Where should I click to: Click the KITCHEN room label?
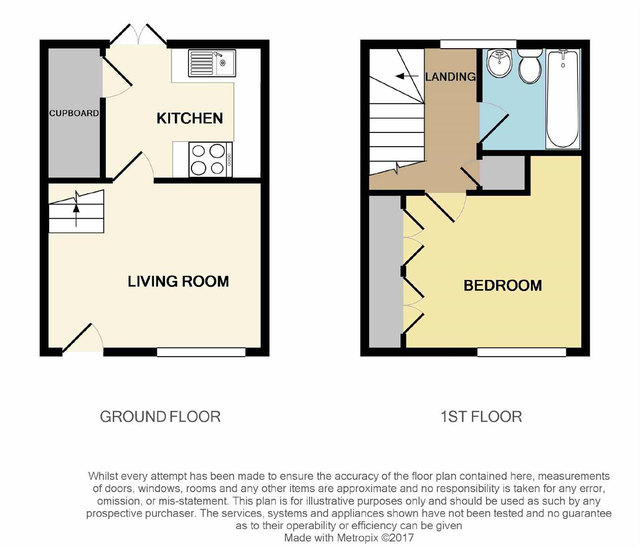pyautogui.click(x=189, y=118)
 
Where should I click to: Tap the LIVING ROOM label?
pyautogui.click(x=178, y=282)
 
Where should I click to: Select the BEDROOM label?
pyautogui.click(x=503, y=286)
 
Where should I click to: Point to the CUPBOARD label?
pyautogui.click(x=74, y=113)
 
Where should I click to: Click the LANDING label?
pyautogui.click(x=451, y=77)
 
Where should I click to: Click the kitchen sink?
pyautogui.click(x=212, y=63)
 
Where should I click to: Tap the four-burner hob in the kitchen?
pyautogui.click(x=210, y=160)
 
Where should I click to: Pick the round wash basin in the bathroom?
pyautogui.click(x=499, y=64)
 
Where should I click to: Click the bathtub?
pyautogui.click(x=563, y=99)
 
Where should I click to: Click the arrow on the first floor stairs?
pyautogui.click(x=407, y=76)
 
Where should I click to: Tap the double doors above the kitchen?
pyautogui.click(x=138, y=34)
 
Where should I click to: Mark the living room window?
pyautogui.click(x=201, y=352)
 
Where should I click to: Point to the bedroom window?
pyautogui.click(x=522, y=352)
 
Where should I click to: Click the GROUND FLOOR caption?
pyautogui.click(x=160, y=417)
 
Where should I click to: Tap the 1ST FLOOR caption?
pyautogui.click(x=482, y=417)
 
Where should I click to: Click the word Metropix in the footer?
pyautogui.click(x=358, y=537)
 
